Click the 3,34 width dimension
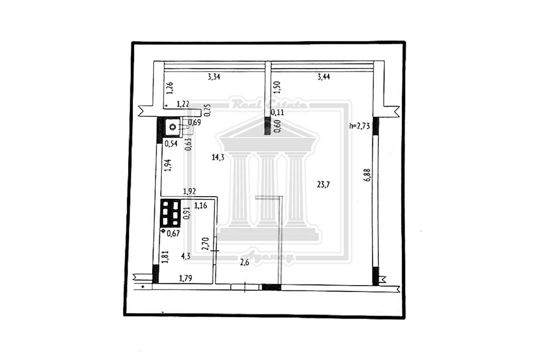click(214, 77)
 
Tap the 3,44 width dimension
click(323, 77)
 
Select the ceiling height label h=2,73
click(360, 126)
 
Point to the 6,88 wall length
click(368, 175)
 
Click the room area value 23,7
click(323, 185)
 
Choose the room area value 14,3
click(218, 157)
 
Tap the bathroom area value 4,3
click(186, 256)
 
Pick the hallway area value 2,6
click(244, 262)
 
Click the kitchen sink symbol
click(172, 127)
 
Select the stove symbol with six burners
click(170, 213)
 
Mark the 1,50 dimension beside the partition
click(277, 87)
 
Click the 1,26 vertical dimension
click(170, 88)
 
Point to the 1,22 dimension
click(183, 104)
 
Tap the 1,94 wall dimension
click(168, 166)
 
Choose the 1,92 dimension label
click(189, 192)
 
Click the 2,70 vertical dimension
click(205, 244)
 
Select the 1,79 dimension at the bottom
click(185, 279)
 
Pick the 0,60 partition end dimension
click(277, 126)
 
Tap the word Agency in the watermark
click(267, 257)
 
